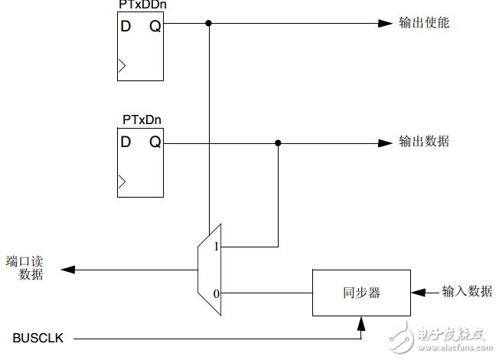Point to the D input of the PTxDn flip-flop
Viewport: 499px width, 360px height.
pos(126,142)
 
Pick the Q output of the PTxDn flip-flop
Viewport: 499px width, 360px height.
pos(154,142)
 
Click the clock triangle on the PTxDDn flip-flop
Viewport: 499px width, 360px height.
pos(122,68)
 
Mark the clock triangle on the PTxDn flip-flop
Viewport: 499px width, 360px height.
pos(122,184)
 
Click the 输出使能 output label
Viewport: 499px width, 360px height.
pos(423,23)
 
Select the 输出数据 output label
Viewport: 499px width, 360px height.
pos(423,142)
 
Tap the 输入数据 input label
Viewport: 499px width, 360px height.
pos(466,291)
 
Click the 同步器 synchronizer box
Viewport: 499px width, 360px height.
pos(360,293)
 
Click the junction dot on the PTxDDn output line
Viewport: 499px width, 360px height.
pos(208,23)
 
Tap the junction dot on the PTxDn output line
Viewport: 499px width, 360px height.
pos(278,142)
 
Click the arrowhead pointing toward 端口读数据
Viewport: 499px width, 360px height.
pos(67,270)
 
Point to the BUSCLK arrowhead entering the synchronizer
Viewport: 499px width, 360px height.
pos(360,325)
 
